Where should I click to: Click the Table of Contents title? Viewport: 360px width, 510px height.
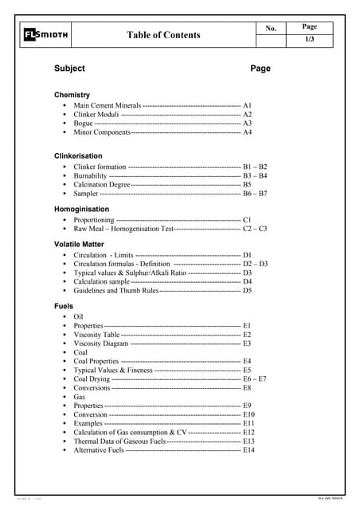[163, 35]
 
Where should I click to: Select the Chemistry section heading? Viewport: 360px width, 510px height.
[72, 95]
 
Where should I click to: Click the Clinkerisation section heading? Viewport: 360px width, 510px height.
[78, 156]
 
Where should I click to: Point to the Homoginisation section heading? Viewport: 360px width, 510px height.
[81, 209]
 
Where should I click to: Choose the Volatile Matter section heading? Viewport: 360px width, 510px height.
[79, 244]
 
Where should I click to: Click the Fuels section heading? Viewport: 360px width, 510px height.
[64, 305]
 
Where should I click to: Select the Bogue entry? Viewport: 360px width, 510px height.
[84, 124]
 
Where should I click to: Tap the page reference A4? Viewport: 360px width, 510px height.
[248, 133]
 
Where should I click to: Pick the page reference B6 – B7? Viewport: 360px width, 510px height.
[255, 194]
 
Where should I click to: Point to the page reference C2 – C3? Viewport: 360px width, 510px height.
[255, 229]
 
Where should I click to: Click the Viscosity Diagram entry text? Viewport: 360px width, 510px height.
[100, 343]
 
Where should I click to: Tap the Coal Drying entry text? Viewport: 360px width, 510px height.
[92, 379]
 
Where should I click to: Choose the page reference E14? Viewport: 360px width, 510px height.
[249, 450]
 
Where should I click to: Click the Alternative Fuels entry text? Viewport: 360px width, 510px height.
[99, 450]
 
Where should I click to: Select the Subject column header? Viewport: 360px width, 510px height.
[69, 69]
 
